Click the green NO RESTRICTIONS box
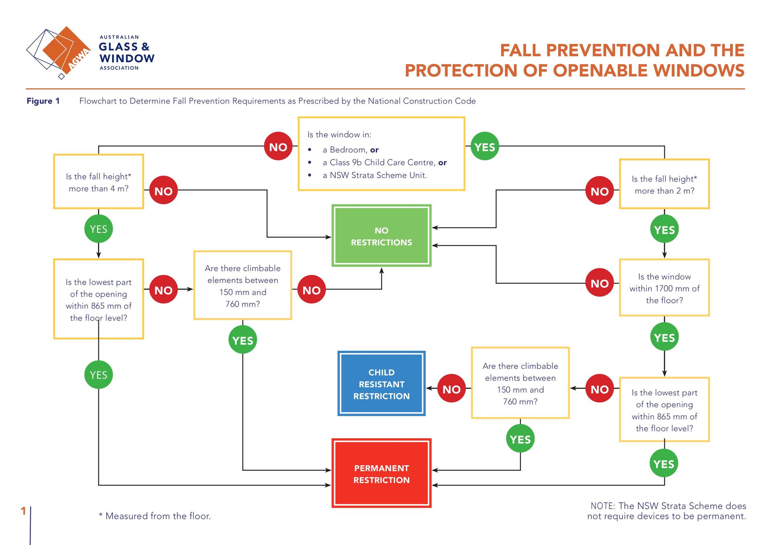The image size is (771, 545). pos(381,236)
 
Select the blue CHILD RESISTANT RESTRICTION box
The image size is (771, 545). pos(381,384)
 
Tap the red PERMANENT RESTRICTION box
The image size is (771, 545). pos(381,474)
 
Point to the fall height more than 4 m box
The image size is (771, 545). pos(98,182)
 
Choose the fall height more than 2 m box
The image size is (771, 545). pos(664,184)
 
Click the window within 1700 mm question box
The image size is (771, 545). pos(664,288)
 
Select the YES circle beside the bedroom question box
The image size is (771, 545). pos(485,146)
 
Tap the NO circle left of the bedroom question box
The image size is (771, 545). pos(278,146)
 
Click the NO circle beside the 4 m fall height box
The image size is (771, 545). pos(163,191)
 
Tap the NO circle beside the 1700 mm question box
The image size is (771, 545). pos(599,283)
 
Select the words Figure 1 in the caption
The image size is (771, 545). pos(43,101)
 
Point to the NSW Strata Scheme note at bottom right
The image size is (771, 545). pos(667,511)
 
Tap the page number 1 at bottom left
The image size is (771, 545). pos(23,510)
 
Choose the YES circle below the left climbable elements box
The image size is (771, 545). pos(243,340)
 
